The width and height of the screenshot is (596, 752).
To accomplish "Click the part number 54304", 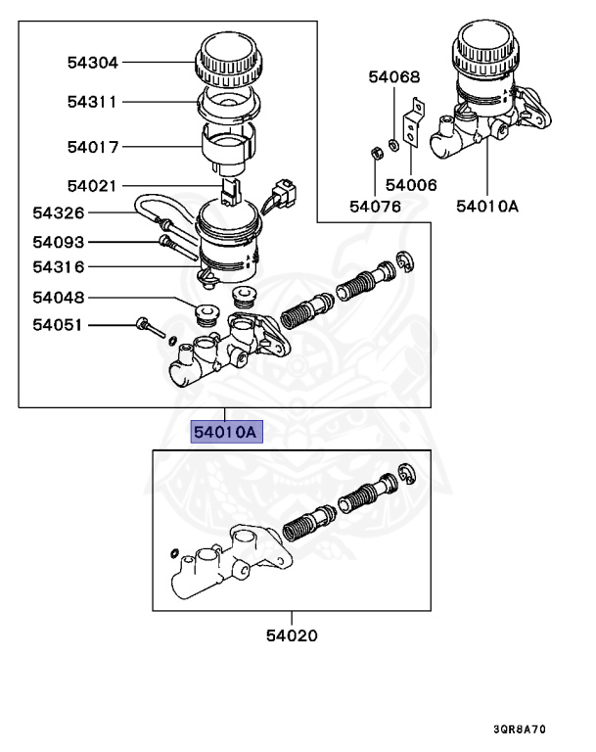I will pyautogui.click(x=92, y=63).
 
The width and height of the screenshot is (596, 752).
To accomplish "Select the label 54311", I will pyautogui.click(x=92, y=102).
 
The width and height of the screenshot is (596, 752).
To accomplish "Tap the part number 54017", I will pyautogui.click(x=92, y=148).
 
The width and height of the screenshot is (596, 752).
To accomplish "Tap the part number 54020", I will pyautogui.click(x=292, y=636).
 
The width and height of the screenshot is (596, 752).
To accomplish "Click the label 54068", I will pyautogui.click(x=393, y=77).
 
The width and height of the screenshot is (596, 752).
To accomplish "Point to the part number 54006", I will pyautogui.click(x=411, y=184).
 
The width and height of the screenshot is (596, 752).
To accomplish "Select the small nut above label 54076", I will pyautogui.click(x=375, y=152).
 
